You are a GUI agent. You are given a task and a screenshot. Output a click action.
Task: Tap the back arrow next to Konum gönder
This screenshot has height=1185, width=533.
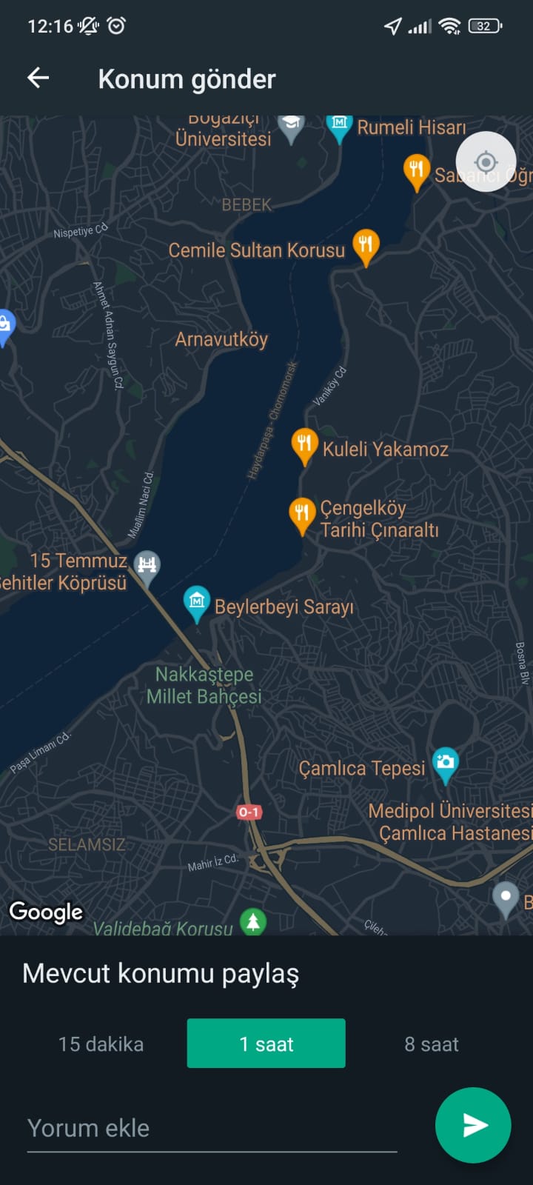(38, 78)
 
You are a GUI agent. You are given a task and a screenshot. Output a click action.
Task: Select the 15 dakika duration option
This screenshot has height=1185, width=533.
(101, 1044)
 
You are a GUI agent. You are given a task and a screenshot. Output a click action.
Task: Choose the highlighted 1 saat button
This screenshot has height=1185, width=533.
(266, 1044)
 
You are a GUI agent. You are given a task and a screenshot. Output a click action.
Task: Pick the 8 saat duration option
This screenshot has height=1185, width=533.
(431, 1044)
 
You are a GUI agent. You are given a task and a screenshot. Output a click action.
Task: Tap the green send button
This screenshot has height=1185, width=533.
(472, 1125)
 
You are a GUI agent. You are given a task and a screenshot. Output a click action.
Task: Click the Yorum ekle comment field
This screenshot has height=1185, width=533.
(212, 1128)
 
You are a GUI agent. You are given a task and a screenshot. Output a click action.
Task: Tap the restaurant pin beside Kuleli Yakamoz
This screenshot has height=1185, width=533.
(304, 444)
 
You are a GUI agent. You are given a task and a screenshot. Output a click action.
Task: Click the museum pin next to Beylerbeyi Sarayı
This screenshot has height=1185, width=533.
(196, 601)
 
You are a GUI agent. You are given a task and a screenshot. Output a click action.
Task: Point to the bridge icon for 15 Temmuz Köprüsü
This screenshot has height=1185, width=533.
(147, 566)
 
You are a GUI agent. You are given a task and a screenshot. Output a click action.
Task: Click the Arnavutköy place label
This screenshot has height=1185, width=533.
(221, 339)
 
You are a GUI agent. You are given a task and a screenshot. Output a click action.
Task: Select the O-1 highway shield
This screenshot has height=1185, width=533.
(249, 812)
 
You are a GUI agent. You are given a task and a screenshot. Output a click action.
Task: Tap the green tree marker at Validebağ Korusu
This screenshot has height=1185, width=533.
(253, 921)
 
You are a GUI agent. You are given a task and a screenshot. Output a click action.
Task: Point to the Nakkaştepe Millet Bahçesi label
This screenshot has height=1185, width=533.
(204, 685)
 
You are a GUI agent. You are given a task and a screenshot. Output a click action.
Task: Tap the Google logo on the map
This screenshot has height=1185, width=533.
(46, 912)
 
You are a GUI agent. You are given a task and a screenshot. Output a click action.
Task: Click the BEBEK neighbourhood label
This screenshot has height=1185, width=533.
(247, 205)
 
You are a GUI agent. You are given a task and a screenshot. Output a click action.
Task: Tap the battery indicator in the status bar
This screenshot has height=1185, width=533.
(485, 27)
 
